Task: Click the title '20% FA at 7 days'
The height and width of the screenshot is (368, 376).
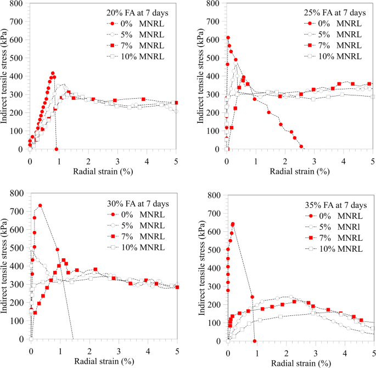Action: pyautogui.click(x=136, y=13)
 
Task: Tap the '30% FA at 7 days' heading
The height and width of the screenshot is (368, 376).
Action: pyautogui.click(x=138, y=204)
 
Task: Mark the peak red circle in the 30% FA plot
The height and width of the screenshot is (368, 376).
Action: pyautogui.click(x=40, y=206)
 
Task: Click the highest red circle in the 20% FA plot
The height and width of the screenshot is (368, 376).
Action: pyautogui.click(x=53, y=73)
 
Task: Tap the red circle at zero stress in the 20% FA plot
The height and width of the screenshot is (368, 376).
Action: pyautogui.click(x=57, y=149)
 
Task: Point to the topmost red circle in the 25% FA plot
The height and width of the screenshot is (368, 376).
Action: pyautogui.click(x=228, y=38)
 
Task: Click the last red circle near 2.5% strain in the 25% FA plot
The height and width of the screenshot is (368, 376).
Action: pyautogui.click(x=301, y=146)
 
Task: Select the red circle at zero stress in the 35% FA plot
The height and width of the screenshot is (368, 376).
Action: pyautogui.click(x=255, y=341)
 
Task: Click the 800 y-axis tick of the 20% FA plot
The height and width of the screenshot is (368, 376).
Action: pyautogui.click(x=18, y=4)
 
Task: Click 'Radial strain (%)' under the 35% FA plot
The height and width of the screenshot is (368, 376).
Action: pyautogui.click(x=301, y=363)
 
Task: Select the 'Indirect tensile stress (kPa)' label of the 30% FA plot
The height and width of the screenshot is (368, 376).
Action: pyautogui.click(x=5, y=267)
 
